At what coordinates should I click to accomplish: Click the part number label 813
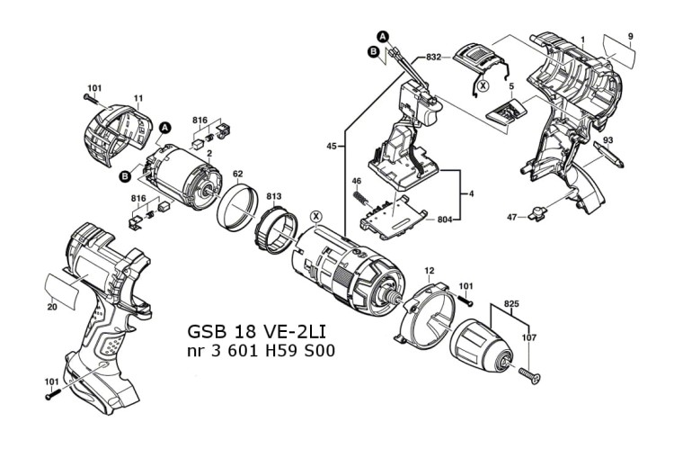pos(273,194)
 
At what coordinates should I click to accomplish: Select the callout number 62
pos(238,174)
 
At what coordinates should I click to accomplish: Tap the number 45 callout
pos(332,145)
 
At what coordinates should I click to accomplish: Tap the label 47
pos(514,216)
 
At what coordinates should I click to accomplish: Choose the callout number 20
pos(52,307)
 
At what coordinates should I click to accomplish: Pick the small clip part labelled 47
pos(537,214)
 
